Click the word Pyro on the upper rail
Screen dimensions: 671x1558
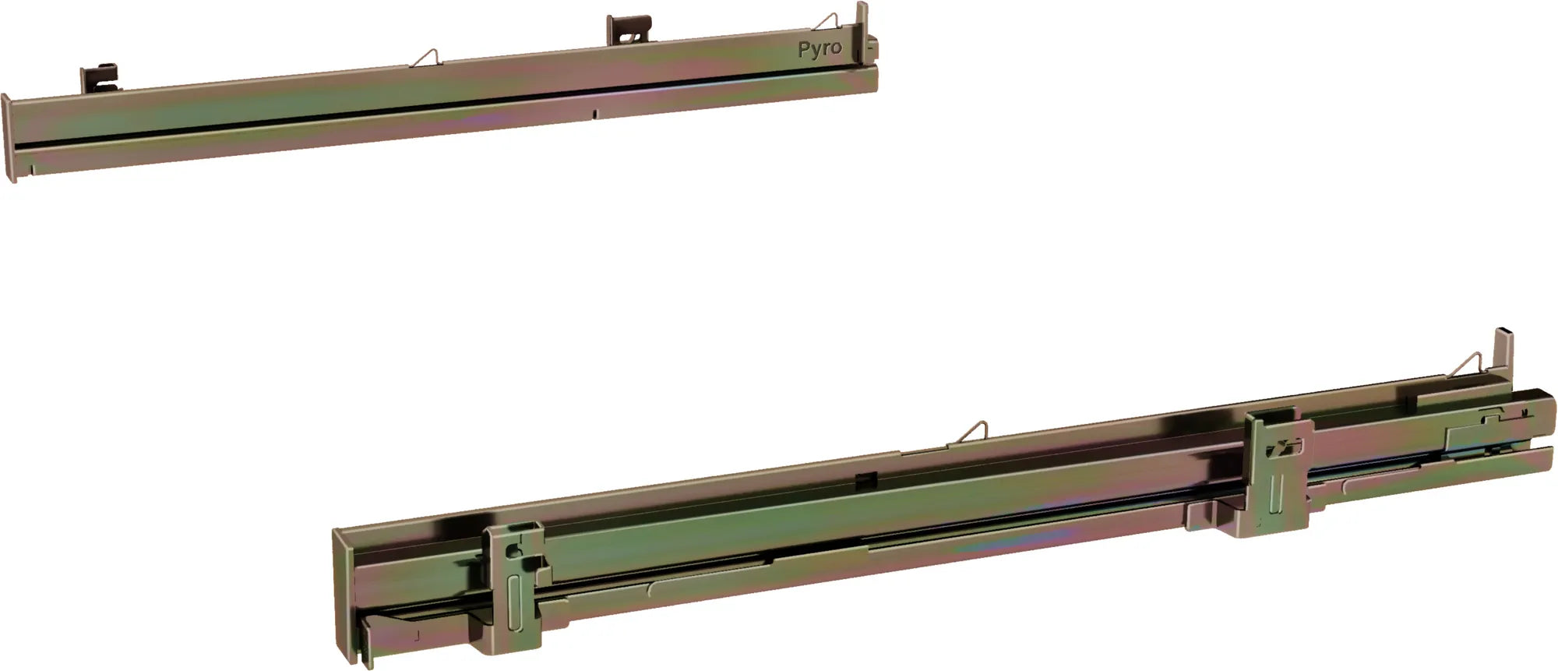[820, 49]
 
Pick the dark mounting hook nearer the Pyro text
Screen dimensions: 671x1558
[628, 32]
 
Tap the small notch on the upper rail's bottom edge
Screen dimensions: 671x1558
[595, 114]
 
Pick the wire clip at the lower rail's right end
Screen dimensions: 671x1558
[1468, 364]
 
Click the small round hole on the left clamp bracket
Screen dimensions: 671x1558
[512, 550]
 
